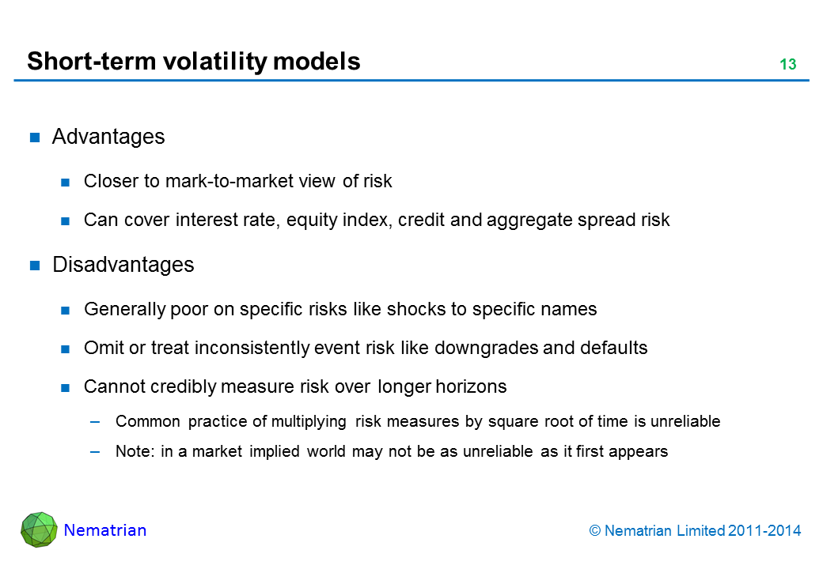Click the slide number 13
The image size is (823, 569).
pyautogui.click(x=788, y=64)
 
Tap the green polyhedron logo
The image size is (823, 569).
pyautogui.click(x=39, y=529)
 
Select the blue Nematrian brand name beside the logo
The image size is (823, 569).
pyautogui.click(x=105, y=530)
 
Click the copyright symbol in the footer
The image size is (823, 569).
pyautogui.click(x=594, y=531)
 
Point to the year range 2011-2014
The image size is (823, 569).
pyautogui.click(x=764, y=531)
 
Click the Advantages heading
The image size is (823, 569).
pyautogui.click(x=108, y=137)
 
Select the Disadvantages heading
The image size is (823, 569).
pyautogui.click(x=123, y=265)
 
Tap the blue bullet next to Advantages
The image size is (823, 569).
pyautogui.click(x=35, y=138)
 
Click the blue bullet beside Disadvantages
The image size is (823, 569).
pyautogui.click(x=35, y=266)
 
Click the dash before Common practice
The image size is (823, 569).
pyautogui.click(x=95, y=422)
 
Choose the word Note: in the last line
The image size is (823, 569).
pyautogui.click(x=135, y=451)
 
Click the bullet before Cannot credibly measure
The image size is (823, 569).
pyautogui.click(x=65, y=388)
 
